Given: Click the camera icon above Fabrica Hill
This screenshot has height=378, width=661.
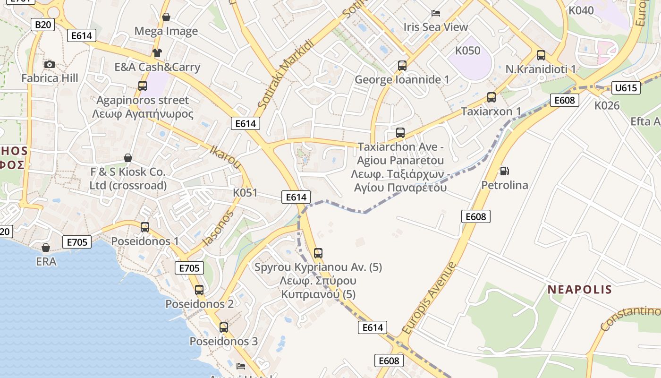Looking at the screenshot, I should [49, 64].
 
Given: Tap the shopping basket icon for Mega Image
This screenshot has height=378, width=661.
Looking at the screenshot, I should [166, 17].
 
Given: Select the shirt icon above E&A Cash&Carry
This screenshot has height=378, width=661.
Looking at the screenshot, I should [157, 52].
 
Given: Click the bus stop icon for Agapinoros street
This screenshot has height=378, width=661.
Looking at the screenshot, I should [142, 86].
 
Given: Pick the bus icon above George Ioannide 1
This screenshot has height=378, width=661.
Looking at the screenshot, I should [402, 66].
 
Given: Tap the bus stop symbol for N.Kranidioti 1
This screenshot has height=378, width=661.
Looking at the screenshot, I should [541, 55].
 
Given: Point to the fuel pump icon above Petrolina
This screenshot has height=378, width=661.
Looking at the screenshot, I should [504, 171].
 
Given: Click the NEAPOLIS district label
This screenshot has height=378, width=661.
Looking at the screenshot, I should [580, 290].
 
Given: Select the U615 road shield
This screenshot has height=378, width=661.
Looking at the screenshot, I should [626, 87].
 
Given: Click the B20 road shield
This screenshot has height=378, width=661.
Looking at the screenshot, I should [42, 25].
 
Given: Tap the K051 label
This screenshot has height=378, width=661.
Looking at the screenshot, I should [245, 193].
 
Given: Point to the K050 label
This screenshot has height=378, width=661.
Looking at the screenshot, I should [467, 51].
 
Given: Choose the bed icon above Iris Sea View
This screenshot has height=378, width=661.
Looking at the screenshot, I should [436, 13].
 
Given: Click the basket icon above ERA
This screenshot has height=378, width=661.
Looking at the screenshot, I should [46, 248].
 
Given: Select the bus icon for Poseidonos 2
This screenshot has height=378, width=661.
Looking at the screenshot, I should [199, 290].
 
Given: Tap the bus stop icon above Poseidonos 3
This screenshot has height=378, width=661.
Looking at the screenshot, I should [224, 327].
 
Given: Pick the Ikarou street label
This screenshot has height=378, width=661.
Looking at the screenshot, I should [226, 156].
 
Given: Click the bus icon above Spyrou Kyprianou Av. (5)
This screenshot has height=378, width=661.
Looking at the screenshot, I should [318, 253].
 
